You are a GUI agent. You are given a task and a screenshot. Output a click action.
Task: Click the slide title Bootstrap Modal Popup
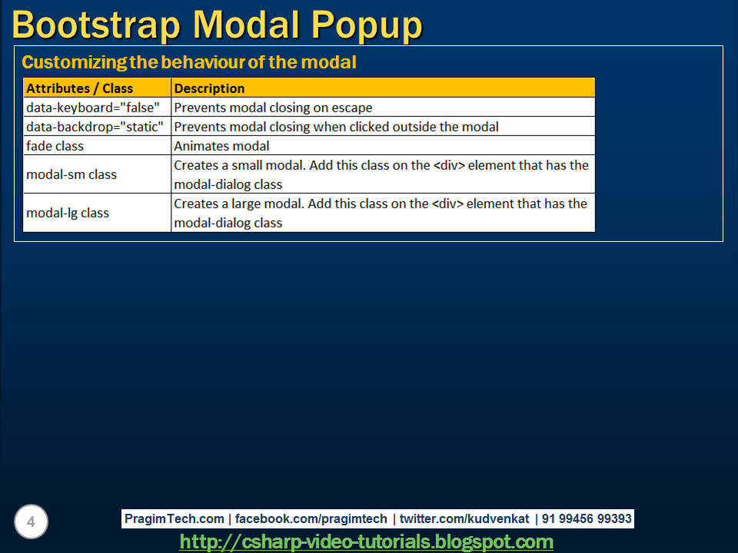pos(217,25)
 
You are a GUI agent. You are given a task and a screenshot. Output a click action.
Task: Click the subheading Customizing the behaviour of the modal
pos(189,62)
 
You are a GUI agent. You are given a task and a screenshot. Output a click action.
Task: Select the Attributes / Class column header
pos(80,88)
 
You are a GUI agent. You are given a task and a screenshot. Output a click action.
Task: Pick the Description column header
pos(209,88)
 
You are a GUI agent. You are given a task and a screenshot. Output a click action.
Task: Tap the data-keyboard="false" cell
pos(92,108)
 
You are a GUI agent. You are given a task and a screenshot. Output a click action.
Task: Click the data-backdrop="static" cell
pos(95,127)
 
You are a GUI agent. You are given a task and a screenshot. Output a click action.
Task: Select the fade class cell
pos(55,146)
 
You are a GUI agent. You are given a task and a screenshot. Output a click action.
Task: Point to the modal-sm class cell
pos(71,174)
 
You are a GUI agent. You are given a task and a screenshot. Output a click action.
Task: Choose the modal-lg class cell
pos(68,213)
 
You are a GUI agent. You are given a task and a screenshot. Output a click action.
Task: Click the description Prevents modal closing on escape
pos(273,108)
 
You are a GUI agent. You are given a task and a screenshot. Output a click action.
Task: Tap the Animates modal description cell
pos(221,146)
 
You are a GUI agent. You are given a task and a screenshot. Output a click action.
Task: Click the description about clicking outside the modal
pos(336,127)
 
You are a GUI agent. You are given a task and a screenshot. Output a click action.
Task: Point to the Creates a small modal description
pos(381,174)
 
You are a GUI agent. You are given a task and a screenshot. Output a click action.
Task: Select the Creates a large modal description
pos(381,213)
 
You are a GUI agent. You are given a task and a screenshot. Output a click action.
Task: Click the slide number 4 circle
pos(31,522)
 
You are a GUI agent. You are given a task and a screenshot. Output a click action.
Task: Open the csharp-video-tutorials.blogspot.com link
pos(366,542)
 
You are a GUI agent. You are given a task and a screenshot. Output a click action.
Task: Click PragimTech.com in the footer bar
pos(175,519)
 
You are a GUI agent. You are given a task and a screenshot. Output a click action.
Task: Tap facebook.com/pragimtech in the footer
pos(311,519)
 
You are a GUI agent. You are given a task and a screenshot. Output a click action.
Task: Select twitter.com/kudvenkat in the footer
pos(464,519)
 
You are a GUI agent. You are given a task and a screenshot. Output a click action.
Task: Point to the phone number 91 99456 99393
pos(587,519)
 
